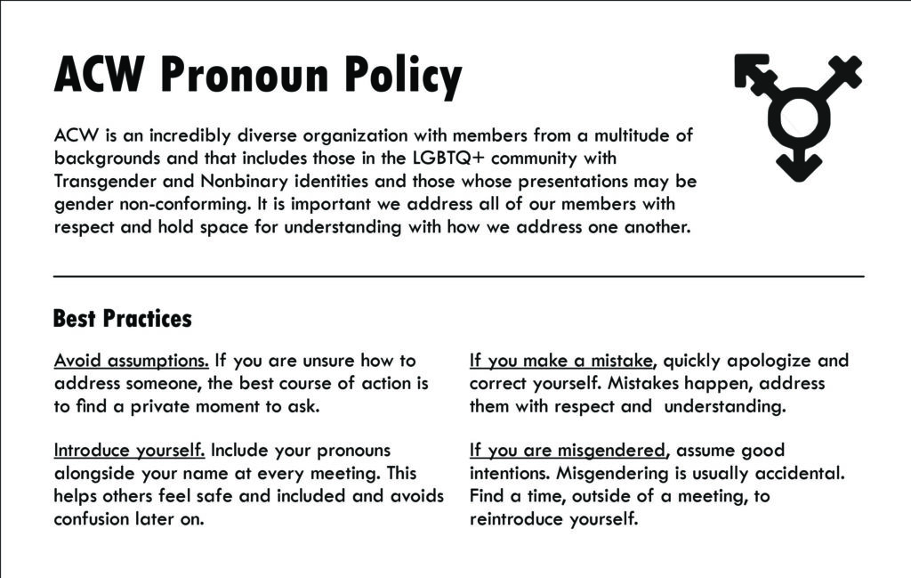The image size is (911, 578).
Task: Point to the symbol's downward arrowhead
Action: coord(798,167)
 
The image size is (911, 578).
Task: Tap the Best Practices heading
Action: coord(122,318)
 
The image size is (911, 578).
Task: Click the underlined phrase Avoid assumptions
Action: coord(132,361)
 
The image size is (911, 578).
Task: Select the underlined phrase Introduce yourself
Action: coord(130,450)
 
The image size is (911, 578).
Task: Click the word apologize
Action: coord(770,361)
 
